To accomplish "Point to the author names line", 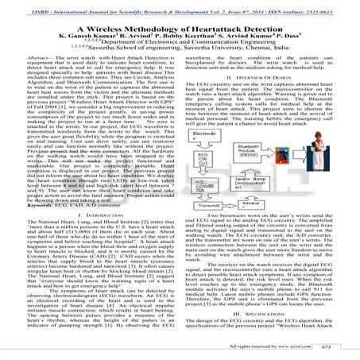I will [180, 37].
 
